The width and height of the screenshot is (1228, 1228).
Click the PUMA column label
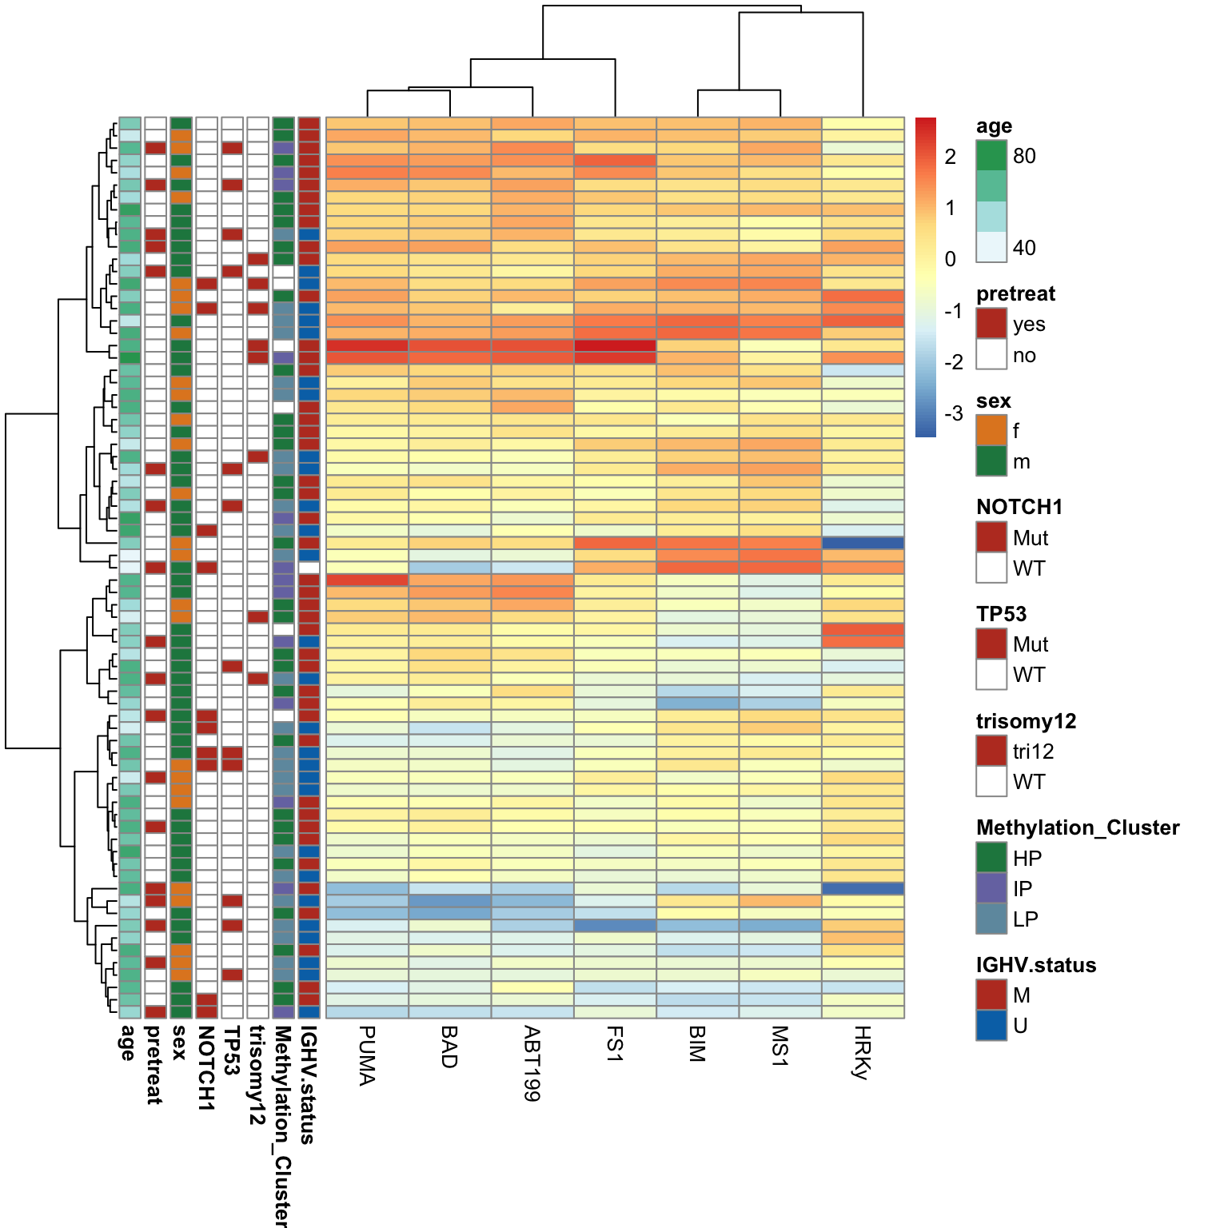click(367, 1055)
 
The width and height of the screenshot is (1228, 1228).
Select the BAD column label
click(449, 1047)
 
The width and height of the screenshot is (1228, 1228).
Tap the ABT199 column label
click(532, 1063)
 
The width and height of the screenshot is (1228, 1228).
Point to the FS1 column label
click(615, 1044)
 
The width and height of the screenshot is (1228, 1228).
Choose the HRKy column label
click(862, 1052)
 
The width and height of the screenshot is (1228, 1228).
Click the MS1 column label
click(779, 1046)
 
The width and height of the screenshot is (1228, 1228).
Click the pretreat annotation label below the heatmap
click(154, 1065)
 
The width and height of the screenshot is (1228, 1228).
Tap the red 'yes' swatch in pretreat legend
click(991, 324)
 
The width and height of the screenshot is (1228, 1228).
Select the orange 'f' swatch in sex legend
click(991, 430)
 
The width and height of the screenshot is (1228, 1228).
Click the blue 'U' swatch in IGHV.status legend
click(991, 1026)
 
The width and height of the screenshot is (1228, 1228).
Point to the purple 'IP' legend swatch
click(991, 888)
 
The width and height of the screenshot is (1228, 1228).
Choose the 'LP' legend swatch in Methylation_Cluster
click(991, 919)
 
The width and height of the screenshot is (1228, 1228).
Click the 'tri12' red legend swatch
click(991, 751)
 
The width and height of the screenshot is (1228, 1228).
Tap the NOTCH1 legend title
click(1019, 507)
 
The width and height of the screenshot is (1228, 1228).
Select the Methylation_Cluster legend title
click(1078, 827)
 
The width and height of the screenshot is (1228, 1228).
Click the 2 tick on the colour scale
click(950, 157)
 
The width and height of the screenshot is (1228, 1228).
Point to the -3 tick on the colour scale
click(953, 414)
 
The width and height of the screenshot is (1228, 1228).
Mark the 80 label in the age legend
click(1024, 156)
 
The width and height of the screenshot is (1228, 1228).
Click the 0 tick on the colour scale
click(950, 259)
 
